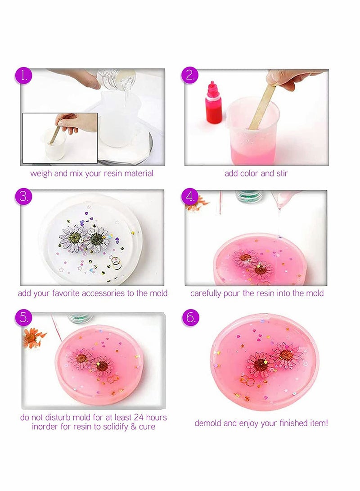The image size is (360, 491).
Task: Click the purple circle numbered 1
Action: tap(24, 75)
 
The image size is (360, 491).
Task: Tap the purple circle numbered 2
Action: tap(190, 75)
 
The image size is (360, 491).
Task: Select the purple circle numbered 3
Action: tap(24, 196)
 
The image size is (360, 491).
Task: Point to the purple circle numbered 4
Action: tap(190, 196)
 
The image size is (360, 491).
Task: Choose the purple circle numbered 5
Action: tap(24, 317)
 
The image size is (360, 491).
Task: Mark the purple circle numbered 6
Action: tap(190, 317)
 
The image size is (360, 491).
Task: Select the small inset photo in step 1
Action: tap(59, 138)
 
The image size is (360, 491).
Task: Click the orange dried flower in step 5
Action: tap(34, 337)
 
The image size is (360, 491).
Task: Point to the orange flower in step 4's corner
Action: tap(196, 203)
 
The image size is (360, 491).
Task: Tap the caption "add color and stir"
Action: tap(256, 173)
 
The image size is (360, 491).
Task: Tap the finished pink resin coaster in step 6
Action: tap(264, 362)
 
